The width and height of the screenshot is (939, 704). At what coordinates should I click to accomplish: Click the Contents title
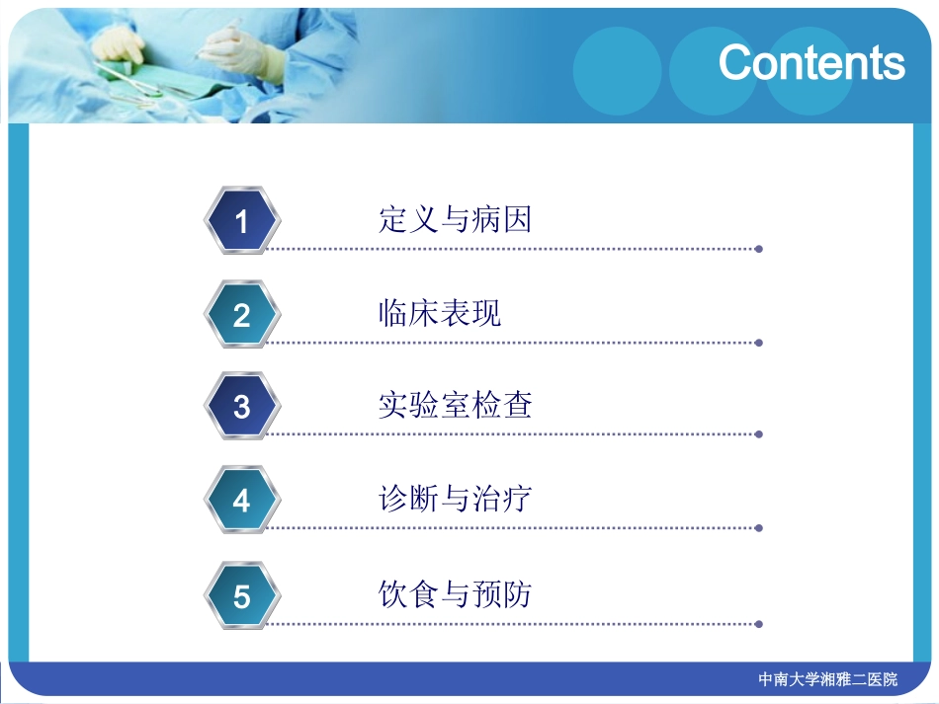(x=811, y=62)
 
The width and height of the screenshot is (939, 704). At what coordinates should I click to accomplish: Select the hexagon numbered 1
(x=242, y=220)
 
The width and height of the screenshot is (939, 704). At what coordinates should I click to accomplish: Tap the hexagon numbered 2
(x=242, y=315)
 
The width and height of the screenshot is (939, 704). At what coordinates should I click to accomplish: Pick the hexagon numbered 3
(x=242, y=406)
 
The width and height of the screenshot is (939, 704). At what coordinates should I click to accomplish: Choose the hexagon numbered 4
(x=242, y=501)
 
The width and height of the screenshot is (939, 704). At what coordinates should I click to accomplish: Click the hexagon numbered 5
(x=242, y=596)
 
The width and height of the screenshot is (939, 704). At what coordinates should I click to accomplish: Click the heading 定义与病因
(x=455, y=218)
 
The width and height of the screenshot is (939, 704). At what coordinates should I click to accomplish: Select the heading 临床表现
(x=440, y=313)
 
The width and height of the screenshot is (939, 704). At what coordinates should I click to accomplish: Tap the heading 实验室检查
(x=455, y=405)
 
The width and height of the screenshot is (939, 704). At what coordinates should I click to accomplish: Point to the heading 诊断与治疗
(x=455, y=499)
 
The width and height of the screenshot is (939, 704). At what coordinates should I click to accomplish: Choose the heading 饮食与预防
(x=455, y=593)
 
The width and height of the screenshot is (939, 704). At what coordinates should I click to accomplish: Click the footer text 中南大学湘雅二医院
(x=828, y=679)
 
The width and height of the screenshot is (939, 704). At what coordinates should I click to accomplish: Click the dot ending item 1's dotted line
(x=758, y=249)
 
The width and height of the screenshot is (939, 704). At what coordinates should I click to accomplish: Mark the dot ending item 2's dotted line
(x=758, y=343)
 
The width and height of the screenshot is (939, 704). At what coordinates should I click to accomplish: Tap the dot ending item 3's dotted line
(x=758, y=433)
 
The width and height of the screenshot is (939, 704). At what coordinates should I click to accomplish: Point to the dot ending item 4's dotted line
(x=758, y=528)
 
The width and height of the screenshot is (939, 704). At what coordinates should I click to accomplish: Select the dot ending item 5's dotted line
(x=758, y=624)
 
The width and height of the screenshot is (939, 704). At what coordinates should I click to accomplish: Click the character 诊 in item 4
(x=393, y=499)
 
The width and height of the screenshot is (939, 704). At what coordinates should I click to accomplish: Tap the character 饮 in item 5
(x=393, y=593)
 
